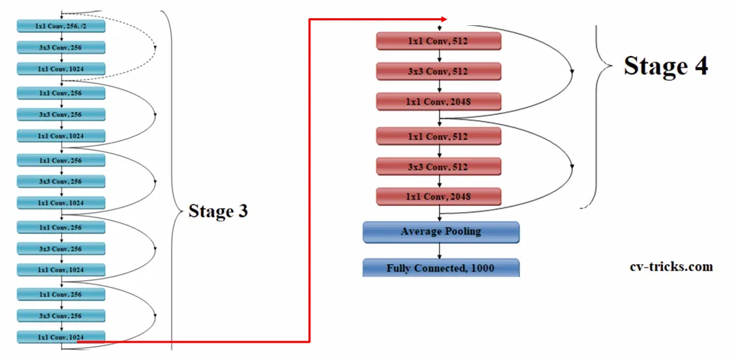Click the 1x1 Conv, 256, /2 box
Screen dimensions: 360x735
point(61,26)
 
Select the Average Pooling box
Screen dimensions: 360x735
point(441,232)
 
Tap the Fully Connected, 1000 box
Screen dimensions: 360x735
point(441,268)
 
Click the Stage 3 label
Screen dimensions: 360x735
point(218,211)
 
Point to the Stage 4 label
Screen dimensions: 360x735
point(666,66)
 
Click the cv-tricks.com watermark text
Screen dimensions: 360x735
point(671,267)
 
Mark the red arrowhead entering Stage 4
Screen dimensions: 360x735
point(444,19)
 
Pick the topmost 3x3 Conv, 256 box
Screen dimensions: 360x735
point(61,47)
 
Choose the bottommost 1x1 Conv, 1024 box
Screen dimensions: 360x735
point(61,337)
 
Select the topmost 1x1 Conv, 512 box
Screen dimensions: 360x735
point(439,41)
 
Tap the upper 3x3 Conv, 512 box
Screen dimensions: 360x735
point(439,71)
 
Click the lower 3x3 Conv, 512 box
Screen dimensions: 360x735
point(439,166)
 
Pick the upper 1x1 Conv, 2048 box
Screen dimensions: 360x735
point(439,102)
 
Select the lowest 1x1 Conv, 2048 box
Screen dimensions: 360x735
point(439,196)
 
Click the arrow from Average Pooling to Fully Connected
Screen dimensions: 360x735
point(440,251)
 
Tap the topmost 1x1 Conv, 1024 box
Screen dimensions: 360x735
point(61,69)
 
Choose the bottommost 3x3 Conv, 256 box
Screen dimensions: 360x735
point(61,316)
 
